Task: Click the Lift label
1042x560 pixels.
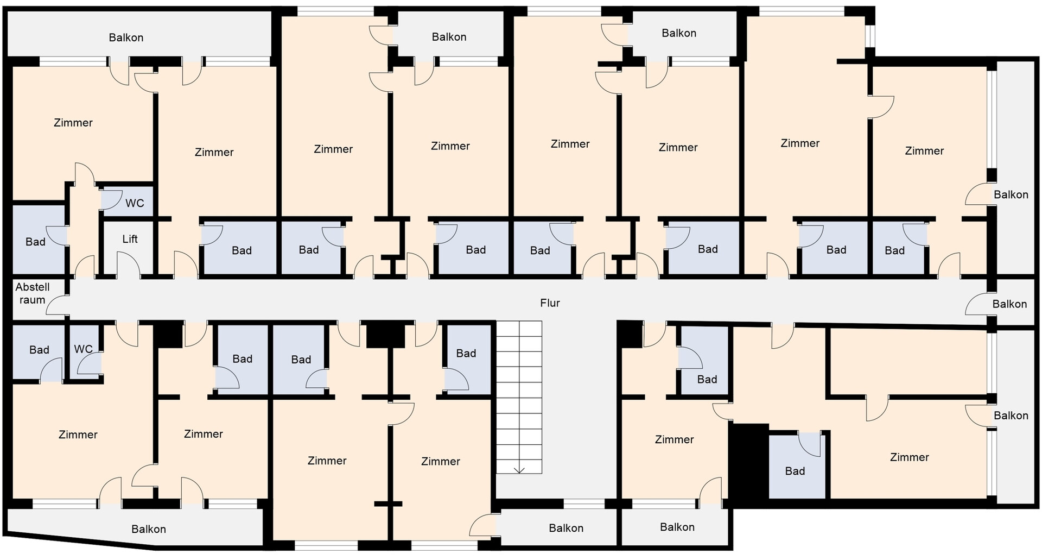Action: pyautogui.click(x=130, y=239)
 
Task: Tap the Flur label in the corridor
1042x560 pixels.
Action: pyautogui.click(x=550, y=303)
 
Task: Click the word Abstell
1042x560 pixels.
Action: pyautogui.click(x=33, y=287)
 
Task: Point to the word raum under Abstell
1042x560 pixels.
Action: pyautogui.click(x=33, y=300)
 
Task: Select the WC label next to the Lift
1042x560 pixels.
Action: pyautogui.click(x=135, y=203)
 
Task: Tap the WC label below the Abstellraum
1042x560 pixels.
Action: pyautogui.click(x=83, y=349)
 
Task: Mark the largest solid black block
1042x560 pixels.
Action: pyautogui.click(x=749, y=461)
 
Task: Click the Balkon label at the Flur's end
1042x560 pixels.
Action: pyautogui.click(x=1009, y=304)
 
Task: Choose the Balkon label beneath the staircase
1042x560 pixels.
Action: pyautogui.click(x=566, y=528)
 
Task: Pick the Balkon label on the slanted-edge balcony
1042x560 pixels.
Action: pyautogui.click(x=149, y=529)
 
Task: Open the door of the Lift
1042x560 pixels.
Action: pyautogui.click(x=129, y=265)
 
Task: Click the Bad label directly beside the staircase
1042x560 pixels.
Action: pyautogui.click(x=466, y=354)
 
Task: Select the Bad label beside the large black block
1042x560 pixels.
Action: pyautogui.click(x=795, y=471)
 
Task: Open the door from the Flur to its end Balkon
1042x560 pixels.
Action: pyautogui.click(x=979, y=304)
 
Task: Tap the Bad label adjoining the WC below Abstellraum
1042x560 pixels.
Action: pyautogui.click(x=39, y=350)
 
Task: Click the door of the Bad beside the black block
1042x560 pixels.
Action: pyautogui.click(x=809, y=444)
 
